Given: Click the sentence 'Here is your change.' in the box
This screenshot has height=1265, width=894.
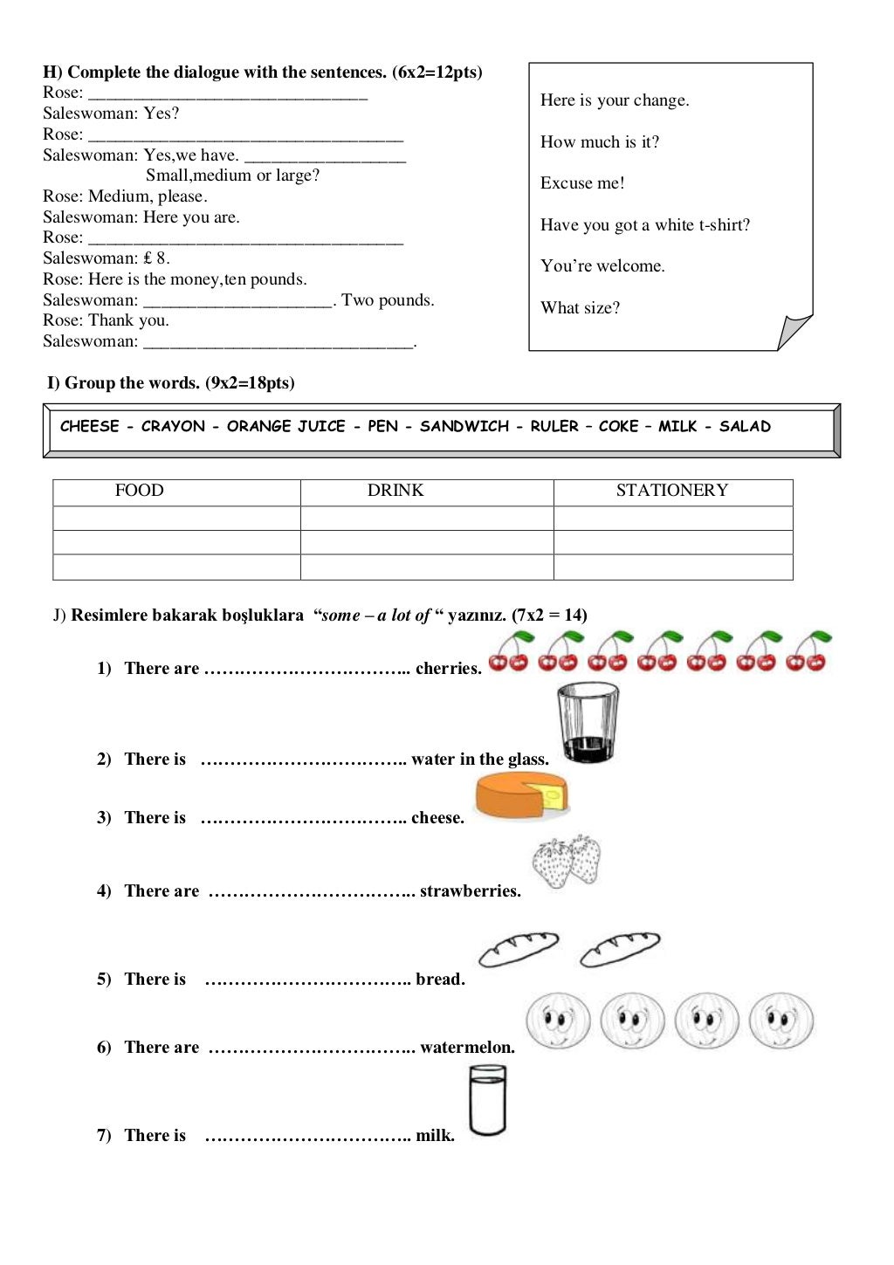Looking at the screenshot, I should click(614, 100).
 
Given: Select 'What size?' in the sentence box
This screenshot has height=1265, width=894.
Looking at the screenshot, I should click(580, 308).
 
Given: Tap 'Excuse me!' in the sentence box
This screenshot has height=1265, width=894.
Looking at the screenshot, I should click(582, 183).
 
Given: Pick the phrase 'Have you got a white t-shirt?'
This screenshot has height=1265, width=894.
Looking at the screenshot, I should click(644, 225).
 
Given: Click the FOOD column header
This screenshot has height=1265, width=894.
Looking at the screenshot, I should click(140, 491).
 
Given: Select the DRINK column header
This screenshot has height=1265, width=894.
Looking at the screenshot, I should click(395, 491).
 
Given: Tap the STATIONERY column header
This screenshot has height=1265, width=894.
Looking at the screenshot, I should click(671, 491).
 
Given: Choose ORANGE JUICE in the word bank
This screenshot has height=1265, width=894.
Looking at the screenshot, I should click(285, 426).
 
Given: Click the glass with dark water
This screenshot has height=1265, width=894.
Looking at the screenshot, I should click(588, 723).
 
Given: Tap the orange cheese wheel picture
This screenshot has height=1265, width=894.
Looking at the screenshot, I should click(521, 795).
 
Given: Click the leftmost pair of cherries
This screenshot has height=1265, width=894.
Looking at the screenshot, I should click(509, 652).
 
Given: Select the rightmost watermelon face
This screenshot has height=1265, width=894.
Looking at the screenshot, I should click(781, 1021).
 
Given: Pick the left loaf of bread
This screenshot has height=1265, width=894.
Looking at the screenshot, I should click(519, 949).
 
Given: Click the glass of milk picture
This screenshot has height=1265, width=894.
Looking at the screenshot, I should click(487, 1103).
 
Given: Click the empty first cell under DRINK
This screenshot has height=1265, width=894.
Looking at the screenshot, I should click(426, 518).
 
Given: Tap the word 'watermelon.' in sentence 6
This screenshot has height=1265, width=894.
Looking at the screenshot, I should click(467, 1048).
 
